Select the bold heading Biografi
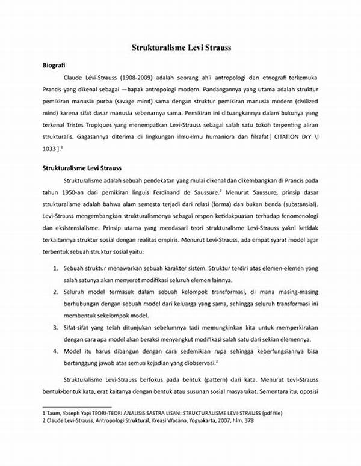point(53,65)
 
